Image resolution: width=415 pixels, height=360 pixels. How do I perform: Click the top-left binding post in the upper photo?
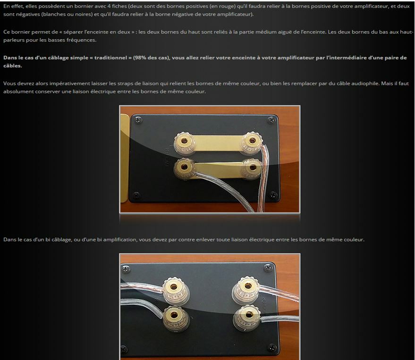coord(185,143)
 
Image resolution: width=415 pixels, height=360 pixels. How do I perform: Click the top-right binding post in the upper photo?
coord(252,143)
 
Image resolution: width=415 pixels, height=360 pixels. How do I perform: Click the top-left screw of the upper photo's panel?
coord(138,120)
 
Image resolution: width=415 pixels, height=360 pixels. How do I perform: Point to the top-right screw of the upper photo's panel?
coord(271,120)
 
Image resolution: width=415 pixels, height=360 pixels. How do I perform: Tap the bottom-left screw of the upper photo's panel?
coord(136,195)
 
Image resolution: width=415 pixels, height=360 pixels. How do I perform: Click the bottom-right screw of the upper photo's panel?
coord(273,195)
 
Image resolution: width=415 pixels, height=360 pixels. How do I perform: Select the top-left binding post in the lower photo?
coord(175,290)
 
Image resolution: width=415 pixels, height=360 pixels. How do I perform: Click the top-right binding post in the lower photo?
coord(246,290)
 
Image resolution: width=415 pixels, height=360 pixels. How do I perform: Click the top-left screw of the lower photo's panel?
coord(127,269)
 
